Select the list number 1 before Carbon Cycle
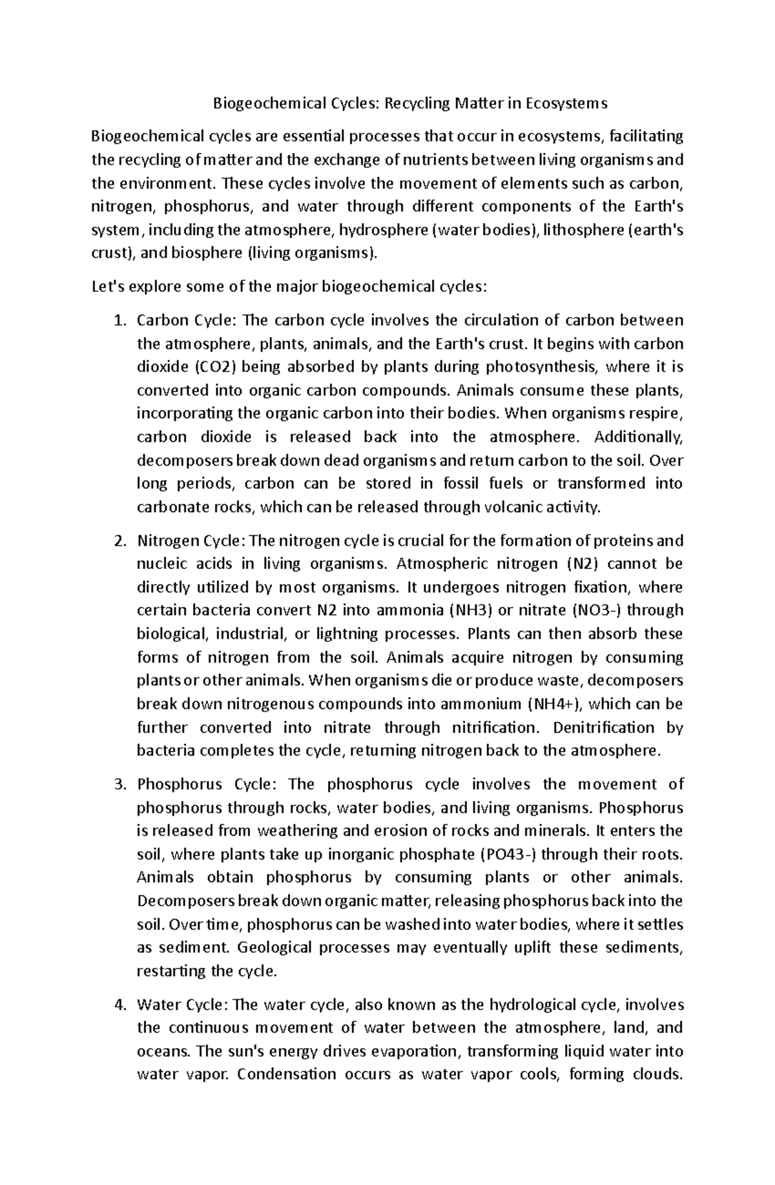pyautogui.click(x=118, y=321)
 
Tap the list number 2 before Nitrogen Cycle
pyautogui.click(x=118, y=541)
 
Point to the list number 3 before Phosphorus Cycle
pyautogui.click(x=118, y=785)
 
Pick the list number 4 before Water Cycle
pyautogui.click(x=118, y=1005)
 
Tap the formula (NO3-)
pyautogui.click(x=597, y=610)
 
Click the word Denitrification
pyautogui.click(x=604, y=728)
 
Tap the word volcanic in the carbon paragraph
pyautogui.click(x=513, y=507)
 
